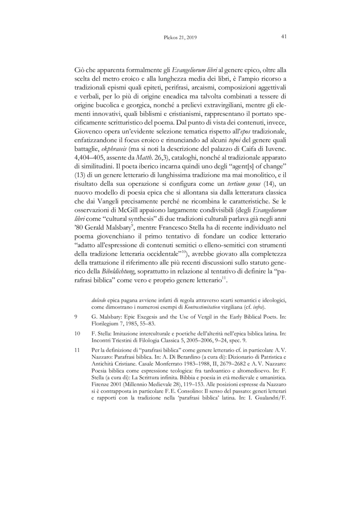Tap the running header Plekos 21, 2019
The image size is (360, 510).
tap(179, 37)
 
